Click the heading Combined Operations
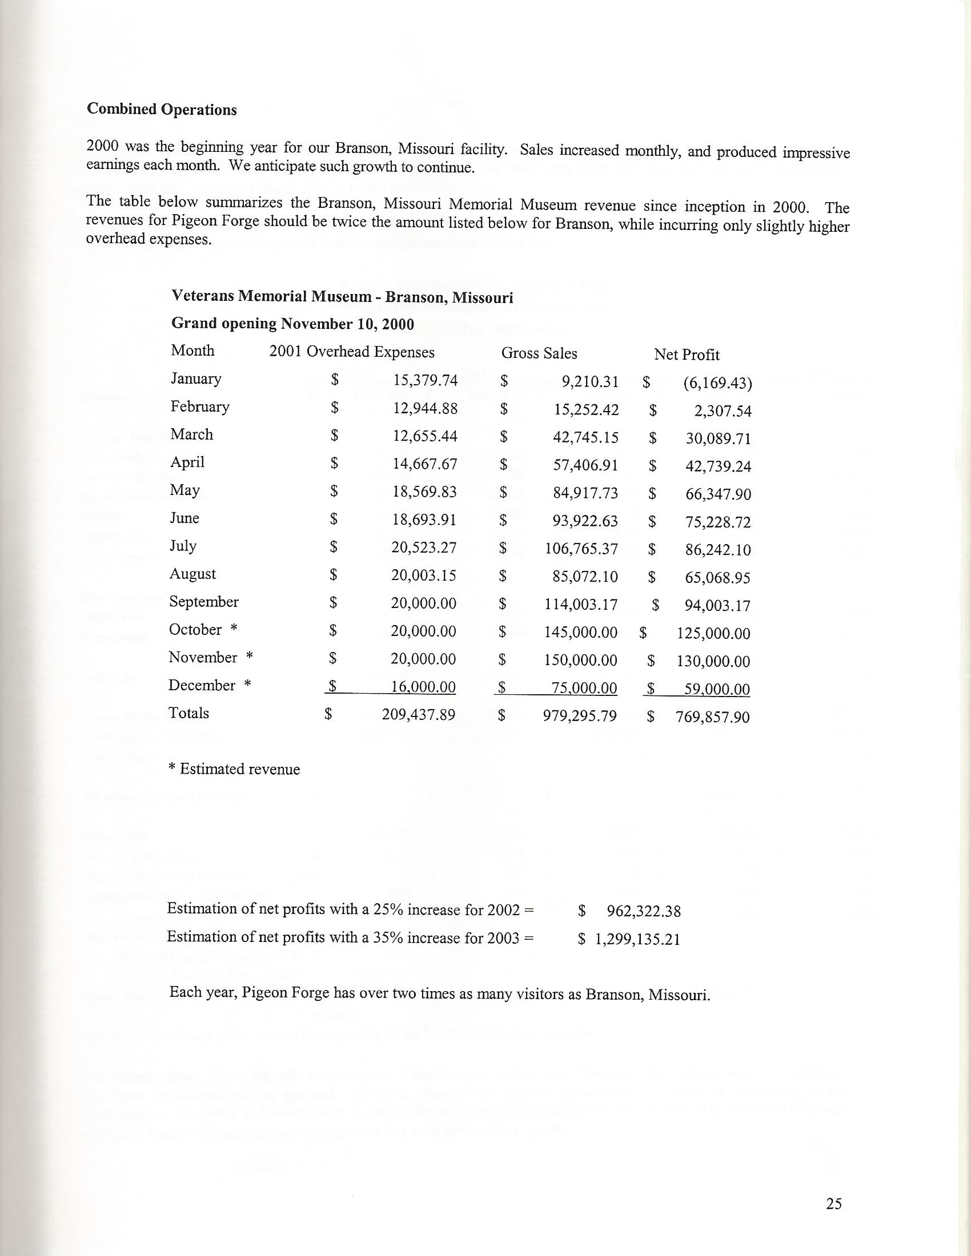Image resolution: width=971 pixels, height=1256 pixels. [162, 110]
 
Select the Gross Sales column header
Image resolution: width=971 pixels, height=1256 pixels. [539, 353]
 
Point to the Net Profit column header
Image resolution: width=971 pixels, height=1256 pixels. [686, 355]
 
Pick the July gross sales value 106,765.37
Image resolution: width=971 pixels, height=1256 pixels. [581, 549]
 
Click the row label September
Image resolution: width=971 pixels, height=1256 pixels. [204, 602]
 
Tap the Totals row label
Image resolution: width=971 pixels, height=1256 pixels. [188, 713]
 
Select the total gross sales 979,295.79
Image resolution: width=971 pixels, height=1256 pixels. [579, 716]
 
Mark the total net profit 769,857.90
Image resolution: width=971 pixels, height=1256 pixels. [713, 717]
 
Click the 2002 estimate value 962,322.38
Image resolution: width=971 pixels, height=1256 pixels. [644, 911]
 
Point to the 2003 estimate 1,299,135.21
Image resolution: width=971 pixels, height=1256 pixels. [637, 939]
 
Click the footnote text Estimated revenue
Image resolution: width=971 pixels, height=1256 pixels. [240, 769]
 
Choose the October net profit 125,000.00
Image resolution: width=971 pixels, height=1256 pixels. [713, 634]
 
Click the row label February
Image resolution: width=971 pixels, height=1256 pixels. [199, 406]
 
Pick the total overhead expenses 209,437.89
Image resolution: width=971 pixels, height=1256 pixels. [419, 715]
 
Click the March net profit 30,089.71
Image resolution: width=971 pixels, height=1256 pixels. [719, 440]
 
